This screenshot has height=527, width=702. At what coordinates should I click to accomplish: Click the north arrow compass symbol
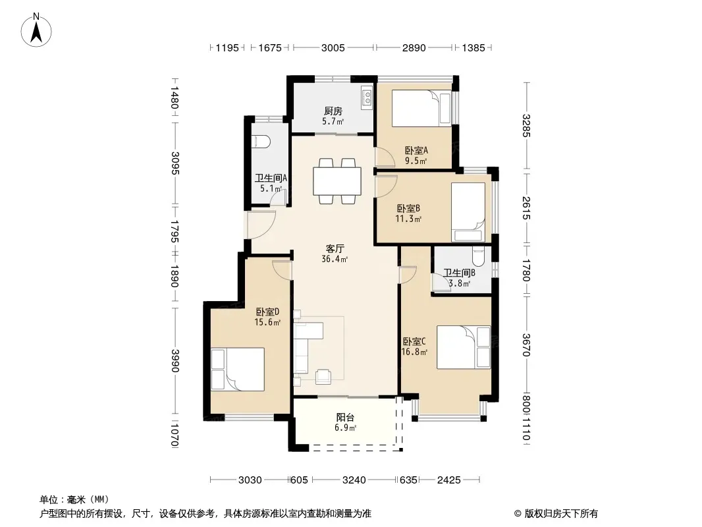(36, 30)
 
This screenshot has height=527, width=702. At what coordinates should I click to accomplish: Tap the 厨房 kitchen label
(333, 111)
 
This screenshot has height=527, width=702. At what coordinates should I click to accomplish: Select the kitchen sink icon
(367, 98)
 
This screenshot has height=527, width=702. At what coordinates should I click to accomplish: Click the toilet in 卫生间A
(261, 142)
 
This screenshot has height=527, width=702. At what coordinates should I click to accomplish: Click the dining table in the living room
(337, 181)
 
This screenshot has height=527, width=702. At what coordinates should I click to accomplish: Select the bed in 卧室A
(421, 109)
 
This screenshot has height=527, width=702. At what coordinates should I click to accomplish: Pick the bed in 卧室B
(468, 212)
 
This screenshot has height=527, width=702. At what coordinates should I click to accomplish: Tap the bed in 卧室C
(464, 347)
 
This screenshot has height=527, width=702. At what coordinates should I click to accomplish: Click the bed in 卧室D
(238, 370)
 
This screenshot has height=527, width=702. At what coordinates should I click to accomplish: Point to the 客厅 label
(335, 248)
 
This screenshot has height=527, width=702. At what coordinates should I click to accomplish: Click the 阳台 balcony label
(345, 417)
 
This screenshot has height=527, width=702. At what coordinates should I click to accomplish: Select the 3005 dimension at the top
(333, 47)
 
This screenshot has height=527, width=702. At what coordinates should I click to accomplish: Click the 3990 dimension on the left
(175, 360)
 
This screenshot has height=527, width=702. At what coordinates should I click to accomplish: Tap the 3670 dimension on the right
(526, 345)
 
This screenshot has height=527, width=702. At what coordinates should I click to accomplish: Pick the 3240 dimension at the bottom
(354, 480)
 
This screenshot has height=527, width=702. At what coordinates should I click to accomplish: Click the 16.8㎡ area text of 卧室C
(414, 352)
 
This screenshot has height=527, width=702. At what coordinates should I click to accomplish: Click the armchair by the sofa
(323, 377)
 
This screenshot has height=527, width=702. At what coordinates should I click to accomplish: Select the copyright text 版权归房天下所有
(561, 514)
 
